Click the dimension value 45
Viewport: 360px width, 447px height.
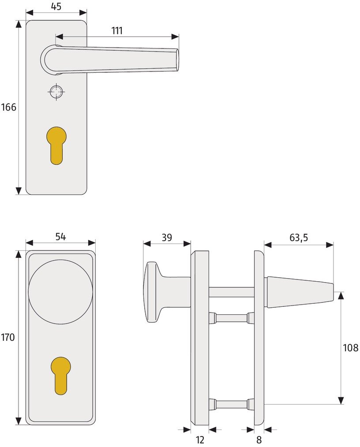[x=56, y=6]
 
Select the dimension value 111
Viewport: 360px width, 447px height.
[x=117, y=30]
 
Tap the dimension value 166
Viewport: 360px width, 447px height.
[x=8, y=107]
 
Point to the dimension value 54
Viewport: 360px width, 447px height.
[x=60, y=237]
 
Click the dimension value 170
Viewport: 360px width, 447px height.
[x=7, y=337]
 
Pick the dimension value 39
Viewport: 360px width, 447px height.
[x=167, y=237]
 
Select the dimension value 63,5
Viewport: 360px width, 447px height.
[x=299, y=237]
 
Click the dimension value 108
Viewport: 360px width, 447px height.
[x=350, y=348]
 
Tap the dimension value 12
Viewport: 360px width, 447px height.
[x=200, y=440]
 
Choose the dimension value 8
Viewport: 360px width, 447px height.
[x=259, y=440]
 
